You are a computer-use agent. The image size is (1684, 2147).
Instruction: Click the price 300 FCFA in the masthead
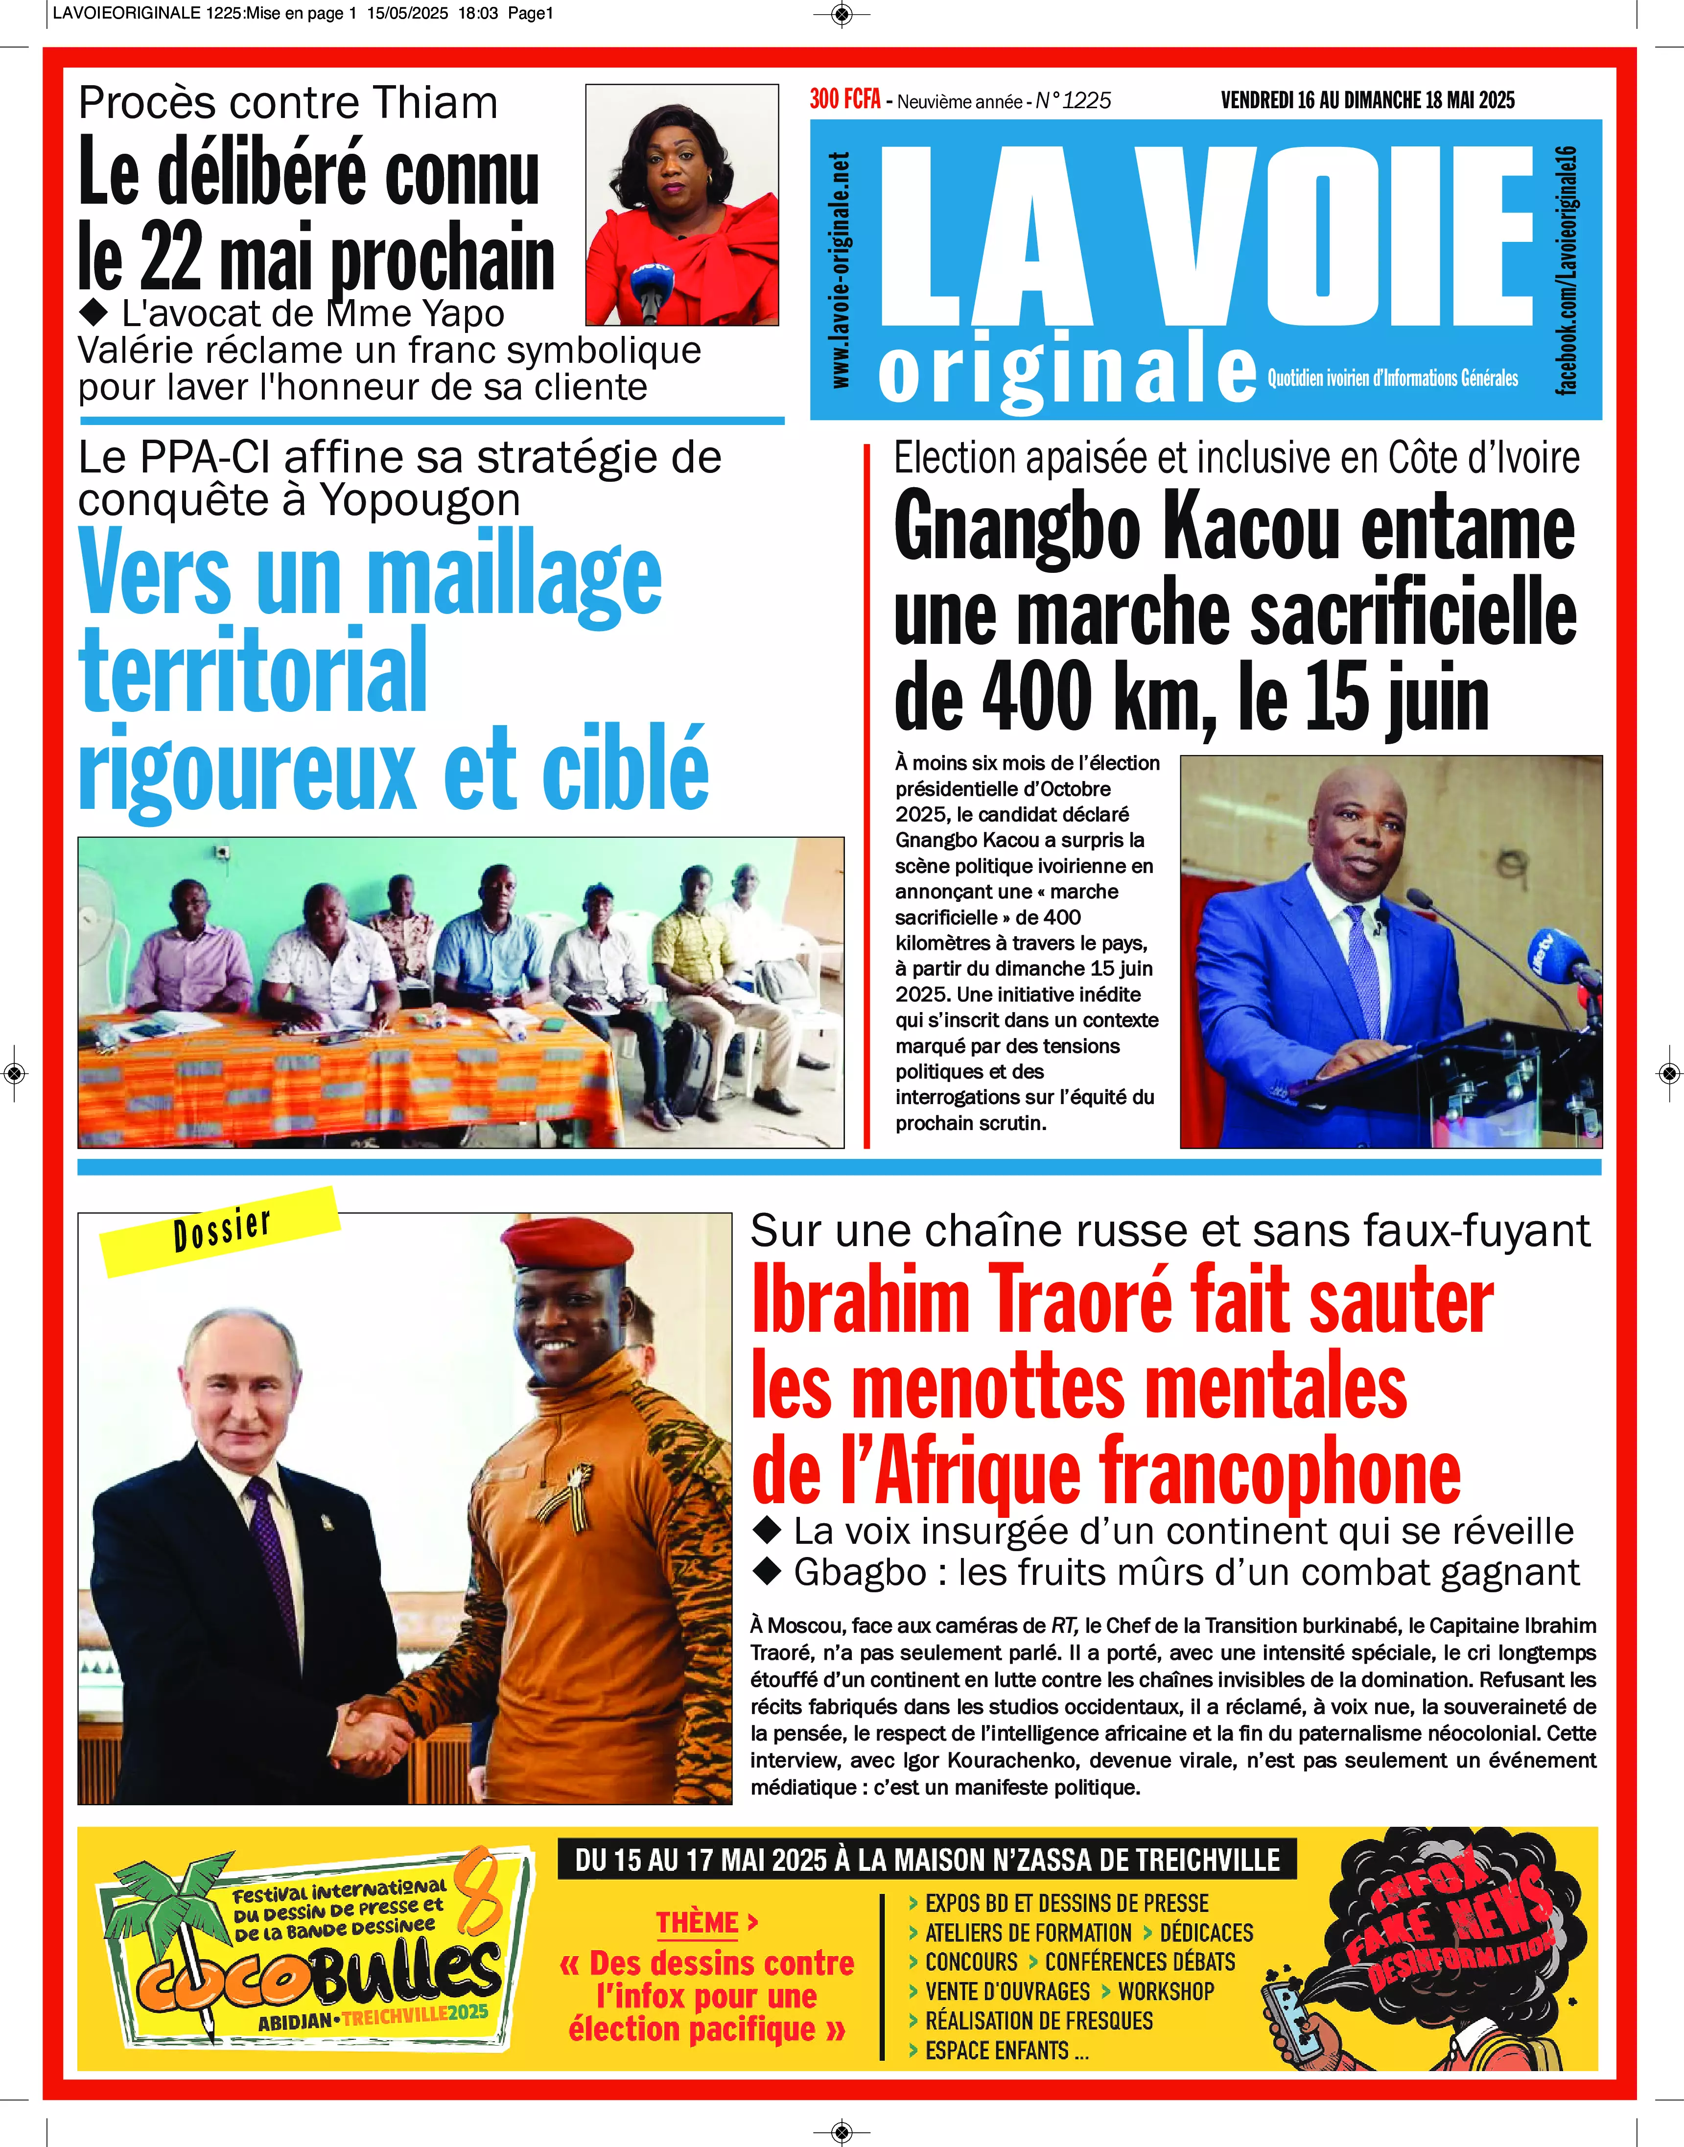pyautogui.click(x=844, y=99)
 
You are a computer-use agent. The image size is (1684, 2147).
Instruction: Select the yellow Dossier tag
pyautogui.click(x=221, y=1231)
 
